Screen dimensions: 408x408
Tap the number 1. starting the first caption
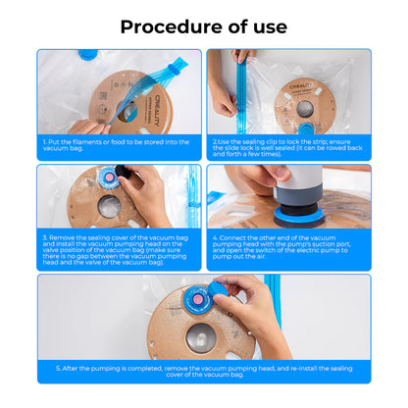46,141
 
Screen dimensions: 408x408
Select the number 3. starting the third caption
46,236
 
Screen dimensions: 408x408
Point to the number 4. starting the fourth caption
216,236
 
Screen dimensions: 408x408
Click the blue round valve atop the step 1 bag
87,56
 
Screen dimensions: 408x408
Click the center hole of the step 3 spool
111,207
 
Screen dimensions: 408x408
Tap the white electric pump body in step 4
295,182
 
